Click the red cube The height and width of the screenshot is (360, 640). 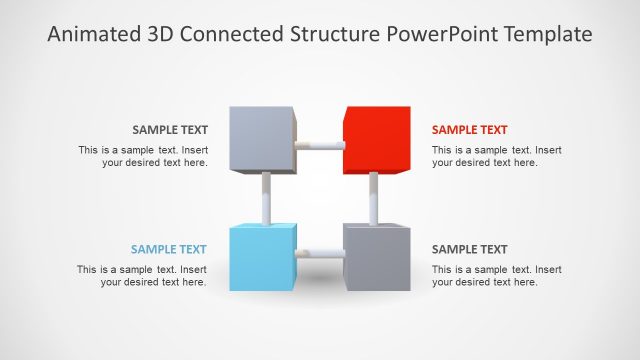point(376,140)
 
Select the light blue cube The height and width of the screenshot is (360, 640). point(263,257)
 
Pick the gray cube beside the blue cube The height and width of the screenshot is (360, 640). point(376,257)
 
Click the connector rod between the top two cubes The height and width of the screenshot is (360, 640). point(320,145)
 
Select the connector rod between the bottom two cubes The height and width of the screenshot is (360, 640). point(320,254)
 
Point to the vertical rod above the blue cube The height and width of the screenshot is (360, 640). point(266,198)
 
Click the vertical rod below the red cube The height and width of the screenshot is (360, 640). point(373,198)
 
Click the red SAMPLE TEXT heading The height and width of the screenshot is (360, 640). point(469,130)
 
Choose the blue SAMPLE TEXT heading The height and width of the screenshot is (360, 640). point(169,250)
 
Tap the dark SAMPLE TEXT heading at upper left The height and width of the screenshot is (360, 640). point(170,130)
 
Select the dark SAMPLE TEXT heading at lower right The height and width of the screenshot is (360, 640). point(469,250)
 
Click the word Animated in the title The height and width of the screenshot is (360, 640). point(91,35)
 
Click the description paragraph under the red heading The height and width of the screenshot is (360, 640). point(497,156)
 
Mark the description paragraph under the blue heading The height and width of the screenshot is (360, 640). point(142,276)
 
